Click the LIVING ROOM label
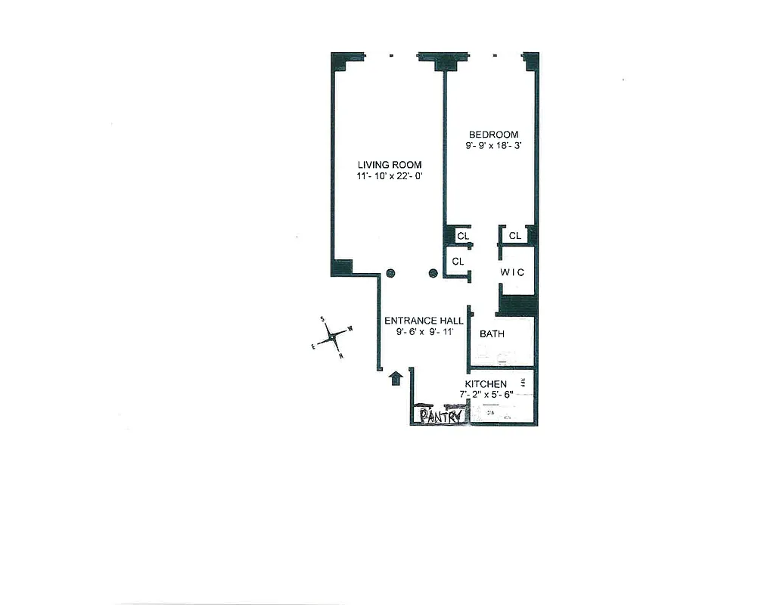pos(390,165)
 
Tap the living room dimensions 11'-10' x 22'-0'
pos(390,176)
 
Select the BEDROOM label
pos(493,135)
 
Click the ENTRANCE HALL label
pos(424,321)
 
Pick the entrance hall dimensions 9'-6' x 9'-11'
pos(424,331)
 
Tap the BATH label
pos(492,334)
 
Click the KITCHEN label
pos(486,384)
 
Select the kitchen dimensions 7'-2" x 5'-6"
pos(486,394)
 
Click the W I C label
pos(512,272)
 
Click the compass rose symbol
pos(331,338)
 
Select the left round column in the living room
pos(390,274)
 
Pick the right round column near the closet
pos(433,274)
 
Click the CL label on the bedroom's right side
pos(515,237)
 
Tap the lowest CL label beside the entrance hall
pos(458,262)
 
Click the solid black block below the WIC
pos(517,306)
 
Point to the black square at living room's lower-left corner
pos(342,267)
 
